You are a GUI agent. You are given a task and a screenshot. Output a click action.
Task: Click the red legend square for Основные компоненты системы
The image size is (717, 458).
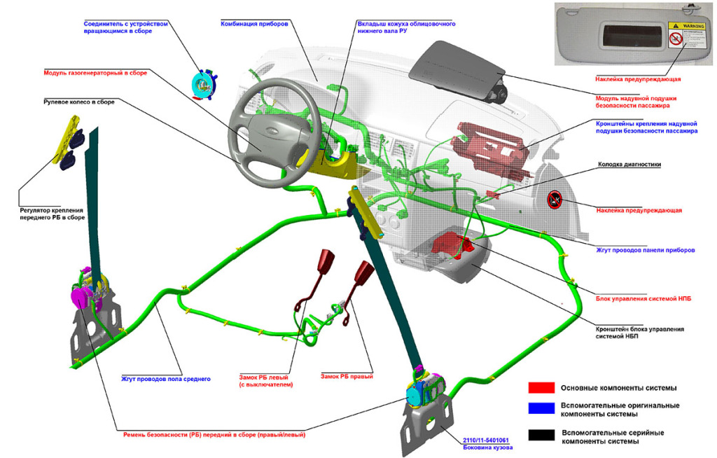pyautogui.click(x=541, y=387)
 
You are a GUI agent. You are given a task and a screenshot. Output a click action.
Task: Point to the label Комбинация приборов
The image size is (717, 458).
pyautogui.click(x=253, y=23)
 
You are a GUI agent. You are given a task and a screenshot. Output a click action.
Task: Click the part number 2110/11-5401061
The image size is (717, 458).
pyautogui.click(x=485, y=440)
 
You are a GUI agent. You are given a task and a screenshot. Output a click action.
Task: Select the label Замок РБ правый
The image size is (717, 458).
pyautogui.click(x=347, y=377)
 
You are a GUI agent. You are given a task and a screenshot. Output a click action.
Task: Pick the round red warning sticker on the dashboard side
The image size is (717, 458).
pyautogui.click(x=554, y=200)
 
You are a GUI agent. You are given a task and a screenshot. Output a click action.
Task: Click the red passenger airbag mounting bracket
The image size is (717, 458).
pyautogui.click(x=490, y=146)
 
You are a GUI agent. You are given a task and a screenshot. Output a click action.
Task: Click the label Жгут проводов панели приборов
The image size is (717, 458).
pyautogui.click(x=645, y=250)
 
